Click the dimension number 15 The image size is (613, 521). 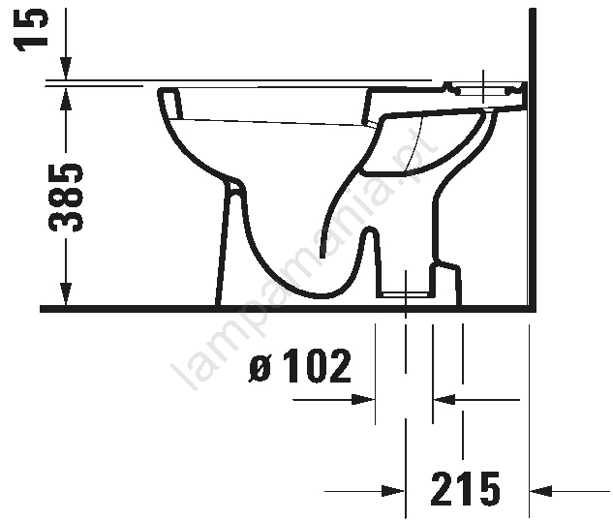32,29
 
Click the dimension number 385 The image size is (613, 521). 65,197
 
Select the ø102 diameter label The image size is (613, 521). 300,366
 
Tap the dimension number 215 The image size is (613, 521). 465,489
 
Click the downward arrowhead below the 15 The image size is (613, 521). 66,69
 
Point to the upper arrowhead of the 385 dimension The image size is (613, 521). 66,100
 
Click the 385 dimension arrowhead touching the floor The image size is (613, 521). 66,293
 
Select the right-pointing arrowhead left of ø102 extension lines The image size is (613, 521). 363,399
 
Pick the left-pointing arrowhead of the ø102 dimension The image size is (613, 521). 444,399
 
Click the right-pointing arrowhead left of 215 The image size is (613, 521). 393,491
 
